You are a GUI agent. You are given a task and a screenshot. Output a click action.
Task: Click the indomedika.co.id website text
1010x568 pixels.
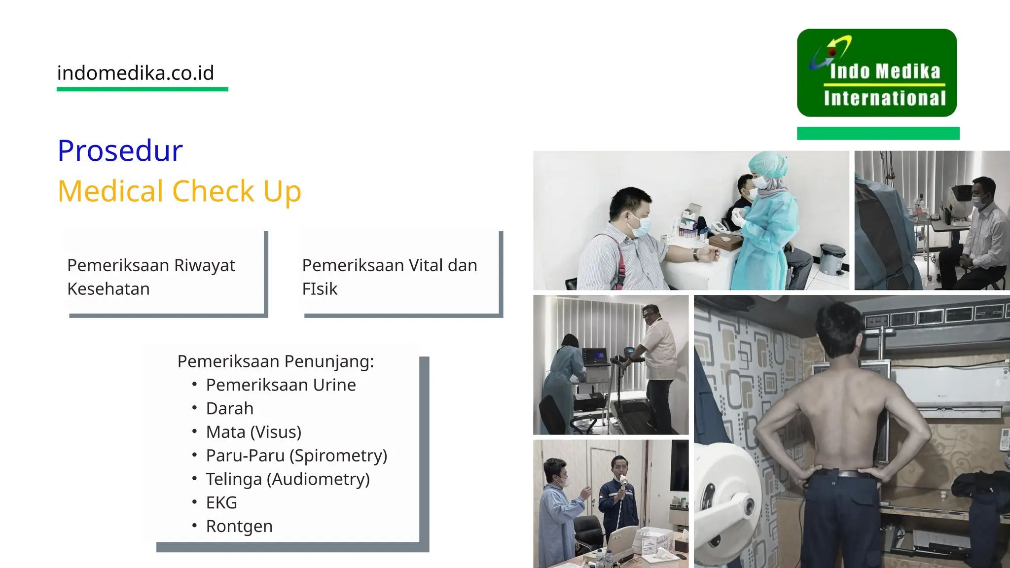tap(136, 73)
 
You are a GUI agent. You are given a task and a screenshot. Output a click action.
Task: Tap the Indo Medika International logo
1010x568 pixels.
tap(877, 73)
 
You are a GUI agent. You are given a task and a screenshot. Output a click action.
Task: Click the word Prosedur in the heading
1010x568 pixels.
tap(120, 150)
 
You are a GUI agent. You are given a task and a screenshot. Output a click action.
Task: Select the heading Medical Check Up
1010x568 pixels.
tap(179, 191)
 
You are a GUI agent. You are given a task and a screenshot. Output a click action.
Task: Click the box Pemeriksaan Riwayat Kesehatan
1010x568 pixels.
tap(151, 277)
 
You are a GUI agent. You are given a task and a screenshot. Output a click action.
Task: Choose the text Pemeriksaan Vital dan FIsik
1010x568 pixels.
tap(390, 277)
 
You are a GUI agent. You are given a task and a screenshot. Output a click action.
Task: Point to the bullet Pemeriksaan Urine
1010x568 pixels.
tap(281, 385)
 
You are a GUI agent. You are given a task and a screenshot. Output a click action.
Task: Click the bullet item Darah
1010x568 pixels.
tap(229, 408)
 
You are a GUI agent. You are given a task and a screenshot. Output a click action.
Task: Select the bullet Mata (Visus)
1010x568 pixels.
tap(253, 432)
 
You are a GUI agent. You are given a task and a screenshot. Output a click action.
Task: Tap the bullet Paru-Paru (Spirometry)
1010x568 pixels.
tap(296, 456)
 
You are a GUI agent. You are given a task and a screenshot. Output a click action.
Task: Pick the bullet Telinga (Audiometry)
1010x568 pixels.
tap(288, 479)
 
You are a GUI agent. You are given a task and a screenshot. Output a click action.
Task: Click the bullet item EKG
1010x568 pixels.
tap(221, 502)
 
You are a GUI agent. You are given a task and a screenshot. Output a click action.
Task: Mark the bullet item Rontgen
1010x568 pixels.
tap(239, 526)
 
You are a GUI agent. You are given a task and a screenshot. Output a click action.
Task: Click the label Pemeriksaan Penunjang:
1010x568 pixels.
tap(276, 361)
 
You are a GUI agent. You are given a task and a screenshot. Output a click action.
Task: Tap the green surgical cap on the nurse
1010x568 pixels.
tap(767, 164)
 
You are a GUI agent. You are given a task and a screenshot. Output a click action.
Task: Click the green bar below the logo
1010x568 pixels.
tap(878, 133)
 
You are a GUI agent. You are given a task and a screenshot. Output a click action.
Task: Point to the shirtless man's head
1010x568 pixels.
tap(838, 328)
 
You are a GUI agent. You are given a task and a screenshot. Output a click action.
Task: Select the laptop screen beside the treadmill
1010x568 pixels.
tap(595, 355)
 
